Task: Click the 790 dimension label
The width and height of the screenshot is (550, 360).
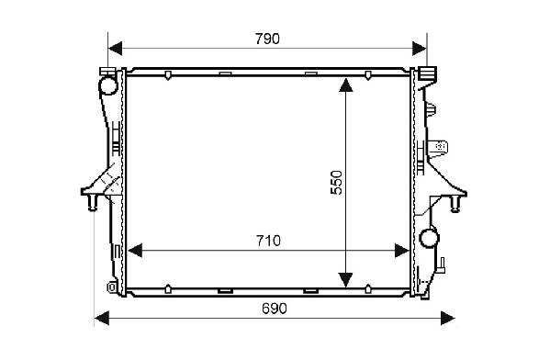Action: pyautogui.click(x=267, y=39)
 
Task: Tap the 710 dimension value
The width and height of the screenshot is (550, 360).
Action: pyautogui.click(x=268, y=241)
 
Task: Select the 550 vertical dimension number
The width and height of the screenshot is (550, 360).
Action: pyautogui.click(x=336, y=183)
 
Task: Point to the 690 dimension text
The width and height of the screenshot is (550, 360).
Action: pyautogui.click(x=275, y=309)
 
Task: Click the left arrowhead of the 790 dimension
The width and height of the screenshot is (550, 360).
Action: pyautogui.click(x=115, y=48)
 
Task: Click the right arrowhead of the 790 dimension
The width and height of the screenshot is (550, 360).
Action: pyautogui.click(x=420, y=48)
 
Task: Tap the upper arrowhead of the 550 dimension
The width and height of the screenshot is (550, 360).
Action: pyautogui.click(x=346, y=85)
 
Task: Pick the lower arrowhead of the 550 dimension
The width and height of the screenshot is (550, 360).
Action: pyautogui.click(x=346, y=280)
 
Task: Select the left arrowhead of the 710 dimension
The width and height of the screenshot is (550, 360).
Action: pyautogui.click(x=135, y=251)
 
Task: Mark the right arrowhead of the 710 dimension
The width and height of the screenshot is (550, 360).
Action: pyautogui.click(x=402, y=251)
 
